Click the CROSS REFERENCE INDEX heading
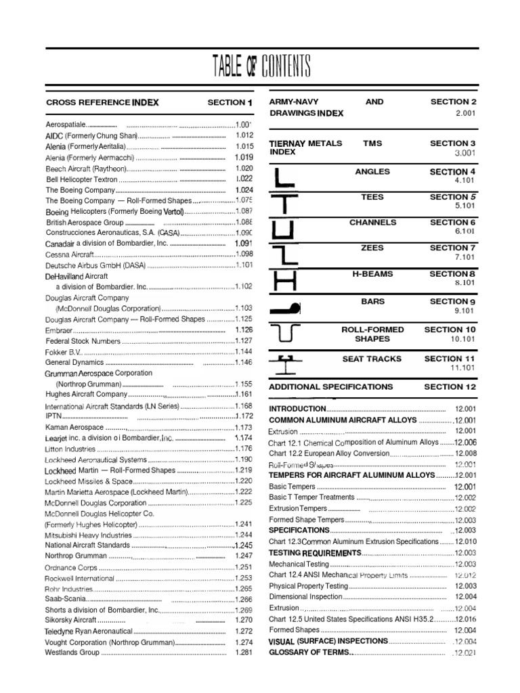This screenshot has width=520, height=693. pos(102,103)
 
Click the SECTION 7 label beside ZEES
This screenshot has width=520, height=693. pos(453,248)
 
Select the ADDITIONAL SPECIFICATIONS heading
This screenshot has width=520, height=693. pos(331,387)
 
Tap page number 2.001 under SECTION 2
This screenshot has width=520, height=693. pos(466,113)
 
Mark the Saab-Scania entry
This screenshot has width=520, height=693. pos(66,599)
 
